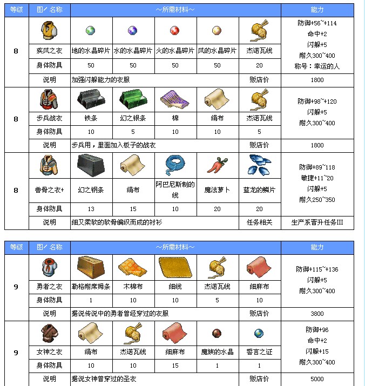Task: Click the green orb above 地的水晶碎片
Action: [91, 31]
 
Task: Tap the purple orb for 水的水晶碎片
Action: [133, 31]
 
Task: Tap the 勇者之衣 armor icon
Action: [49, 267]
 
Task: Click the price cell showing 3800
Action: [317, 313]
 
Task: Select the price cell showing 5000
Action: [317, 380]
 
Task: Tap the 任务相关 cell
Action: [260, 222]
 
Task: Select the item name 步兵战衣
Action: [49, 117]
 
